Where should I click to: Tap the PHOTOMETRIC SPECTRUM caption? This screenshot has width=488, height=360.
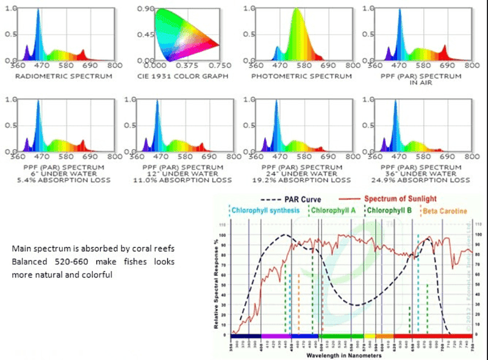(302, 76)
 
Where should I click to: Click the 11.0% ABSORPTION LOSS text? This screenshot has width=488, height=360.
(186, 180)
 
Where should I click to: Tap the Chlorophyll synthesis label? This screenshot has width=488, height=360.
(266, 211)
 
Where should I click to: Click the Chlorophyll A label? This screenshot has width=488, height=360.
(334, 211)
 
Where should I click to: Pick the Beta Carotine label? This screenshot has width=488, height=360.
(445, 211)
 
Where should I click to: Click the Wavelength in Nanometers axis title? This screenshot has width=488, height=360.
(345, 355)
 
